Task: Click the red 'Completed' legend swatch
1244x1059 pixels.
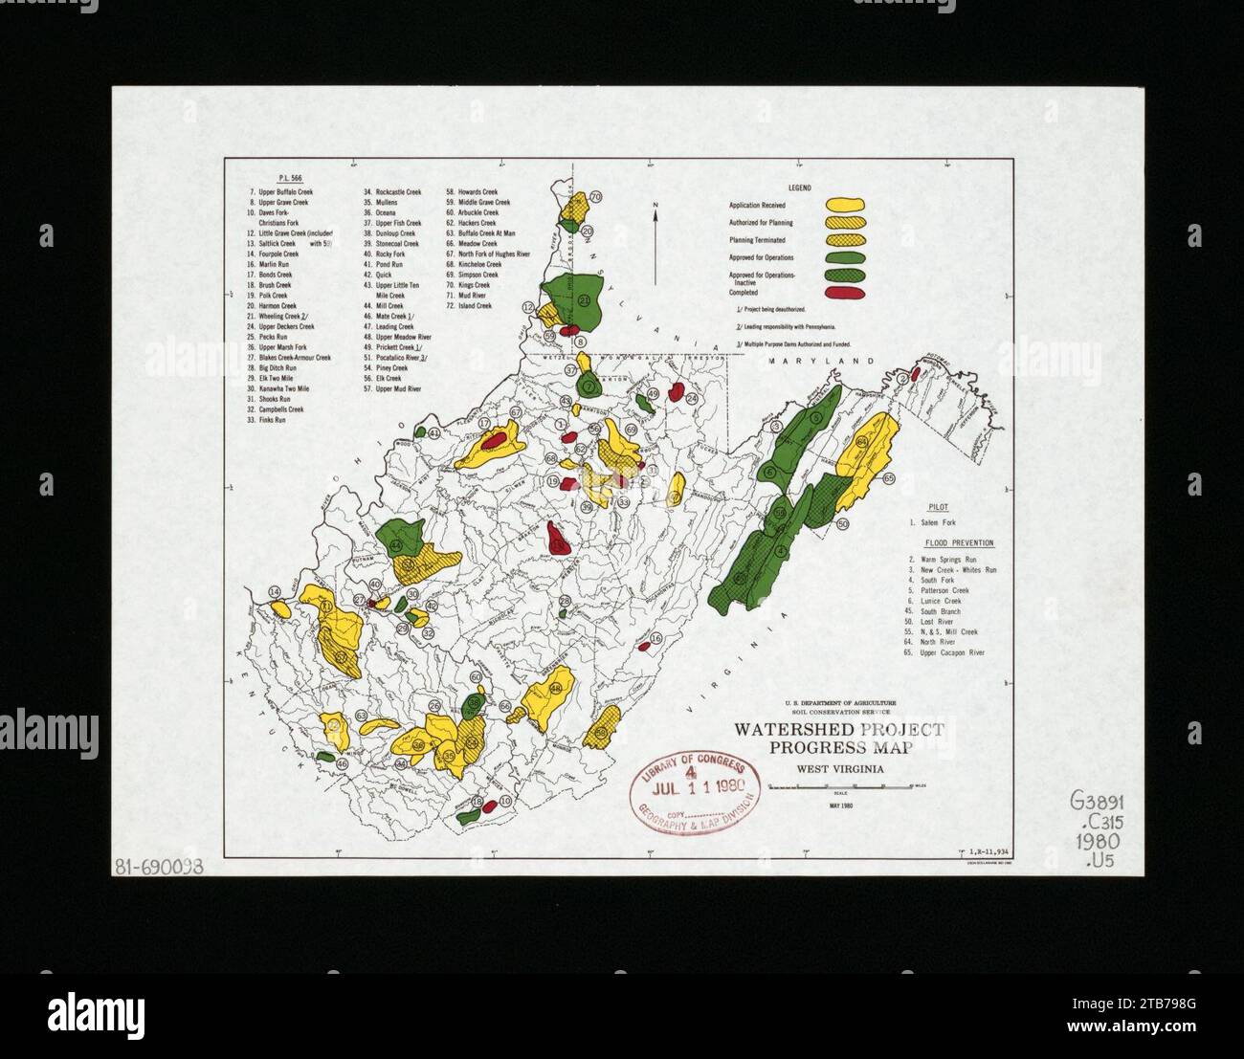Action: coord(844,292)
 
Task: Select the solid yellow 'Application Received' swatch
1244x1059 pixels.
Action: coord(845,205)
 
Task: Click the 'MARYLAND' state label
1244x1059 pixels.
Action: coord(822,362)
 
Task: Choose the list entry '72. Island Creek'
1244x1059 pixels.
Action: coord(469,306)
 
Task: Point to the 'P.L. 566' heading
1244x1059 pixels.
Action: coord(289,179)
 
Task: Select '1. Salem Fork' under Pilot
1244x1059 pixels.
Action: coord(936,522)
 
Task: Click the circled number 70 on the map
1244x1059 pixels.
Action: coord(595,197)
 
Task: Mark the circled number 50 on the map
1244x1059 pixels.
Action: coord(842,524)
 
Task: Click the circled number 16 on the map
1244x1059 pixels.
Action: coord(655,638)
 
